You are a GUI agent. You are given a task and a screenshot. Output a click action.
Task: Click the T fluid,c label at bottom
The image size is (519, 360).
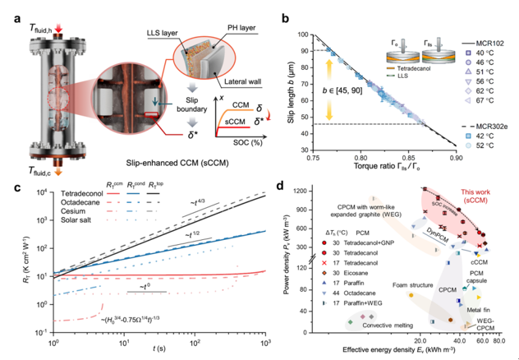(35, 171)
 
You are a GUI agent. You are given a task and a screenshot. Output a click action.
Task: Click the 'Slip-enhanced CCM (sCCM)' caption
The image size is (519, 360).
(182, 162)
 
